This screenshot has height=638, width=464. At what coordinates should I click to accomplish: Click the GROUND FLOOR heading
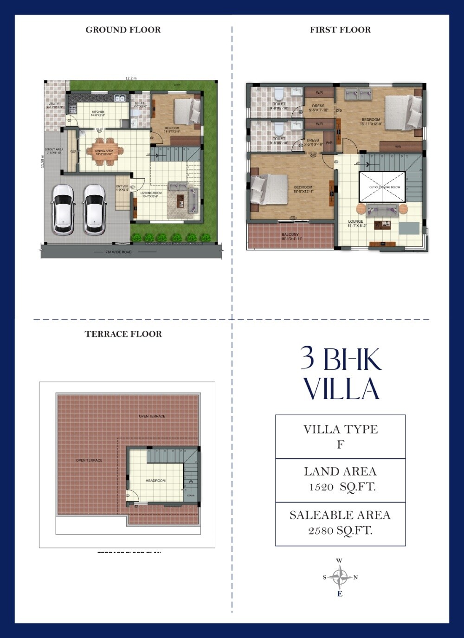click(123, 30)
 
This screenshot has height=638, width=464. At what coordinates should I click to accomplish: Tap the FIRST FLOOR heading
click(340, 30)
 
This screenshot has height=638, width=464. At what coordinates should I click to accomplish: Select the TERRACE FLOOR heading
click(123, 334)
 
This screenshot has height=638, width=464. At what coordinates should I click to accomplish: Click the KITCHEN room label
click(98, 112)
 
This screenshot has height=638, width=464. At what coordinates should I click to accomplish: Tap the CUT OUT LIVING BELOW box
click(382, 187)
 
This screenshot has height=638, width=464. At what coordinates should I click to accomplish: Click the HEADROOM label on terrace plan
click(155, 481)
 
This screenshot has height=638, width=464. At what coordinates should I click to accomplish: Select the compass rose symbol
click(340, 578)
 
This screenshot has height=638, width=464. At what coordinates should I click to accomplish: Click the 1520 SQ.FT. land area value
click(342, 487)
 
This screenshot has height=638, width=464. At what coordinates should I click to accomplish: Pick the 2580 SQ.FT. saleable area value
click(340, 530)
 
